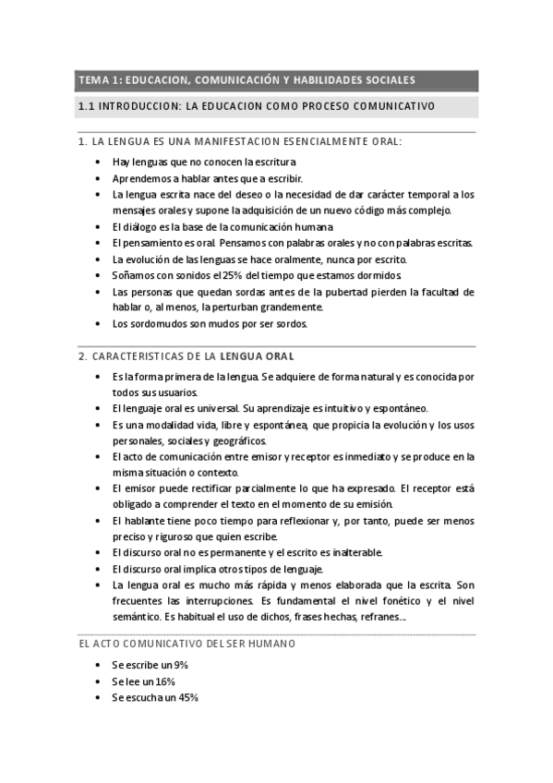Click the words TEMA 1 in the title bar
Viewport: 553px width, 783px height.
(x=99, y=79)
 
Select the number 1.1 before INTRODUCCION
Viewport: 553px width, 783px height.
(x=88, y=106)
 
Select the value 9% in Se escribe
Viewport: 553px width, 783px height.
(x=180, y=666)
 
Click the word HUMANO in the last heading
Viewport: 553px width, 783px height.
(x=271, y=644)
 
